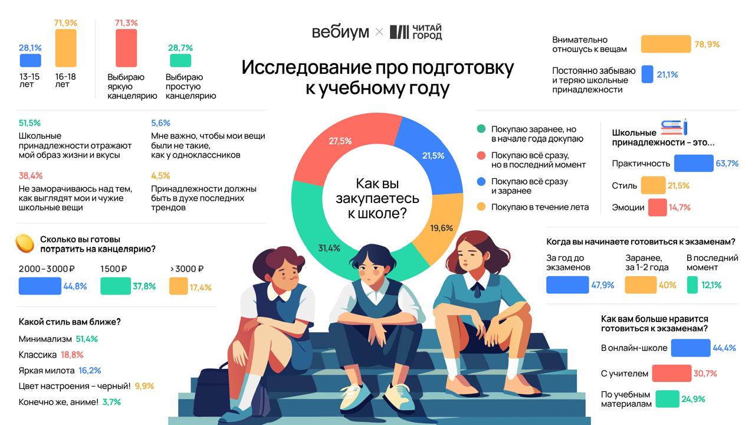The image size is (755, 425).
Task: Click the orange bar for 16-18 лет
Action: coord(65,48)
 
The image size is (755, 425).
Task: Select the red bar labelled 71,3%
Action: coord(126,48)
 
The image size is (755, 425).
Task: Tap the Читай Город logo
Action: coord(416,32)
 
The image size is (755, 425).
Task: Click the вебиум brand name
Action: coord(340,32)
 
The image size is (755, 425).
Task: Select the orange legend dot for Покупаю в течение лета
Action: coord(481,207)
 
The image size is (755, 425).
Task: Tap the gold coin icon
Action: coord(25,243)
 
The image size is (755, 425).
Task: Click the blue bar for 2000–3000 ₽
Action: coord(40,286)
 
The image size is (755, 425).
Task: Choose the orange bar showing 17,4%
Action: coord(178,286)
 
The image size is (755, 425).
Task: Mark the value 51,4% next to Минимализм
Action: coord(87,339)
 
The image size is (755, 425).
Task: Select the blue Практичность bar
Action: coord(694,164)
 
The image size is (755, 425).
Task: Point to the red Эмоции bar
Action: coord(657,207)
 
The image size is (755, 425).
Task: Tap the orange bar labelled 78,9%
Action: coord(666,44)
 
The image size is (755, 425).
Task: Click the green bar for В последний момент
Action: coord(692,285)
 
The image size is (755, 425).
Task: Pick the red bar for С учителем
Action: coord(672,373)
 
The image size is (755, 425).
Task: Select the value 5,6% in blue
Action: coord(160,123)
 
